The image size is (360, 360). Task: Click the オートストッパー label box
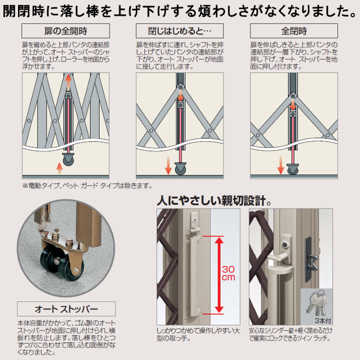(66, 308)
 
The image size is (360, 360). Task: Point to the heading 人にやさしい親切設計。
(214, 201)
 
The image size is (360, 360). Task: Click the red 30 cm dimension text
(228, 273)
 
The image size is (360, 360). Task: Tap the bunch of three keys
(316, 301)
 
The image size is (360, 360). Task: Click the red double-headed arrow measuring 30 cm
(218, 274)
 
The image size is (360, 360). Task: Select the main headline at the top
(180, 11)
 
